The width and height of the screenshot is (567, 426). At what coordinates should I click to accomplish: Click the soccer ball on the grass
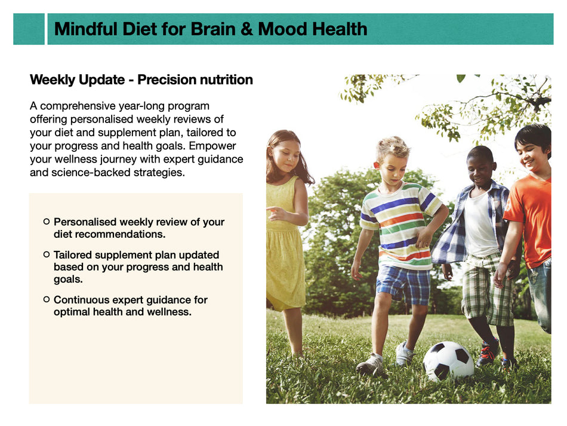point(448,360)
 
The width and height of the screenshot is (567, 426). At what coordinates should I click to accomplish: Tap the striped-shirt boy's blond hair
point(393,146)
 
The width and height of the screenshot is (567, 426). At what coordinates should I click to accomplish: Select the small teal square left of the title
point(29,29)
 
